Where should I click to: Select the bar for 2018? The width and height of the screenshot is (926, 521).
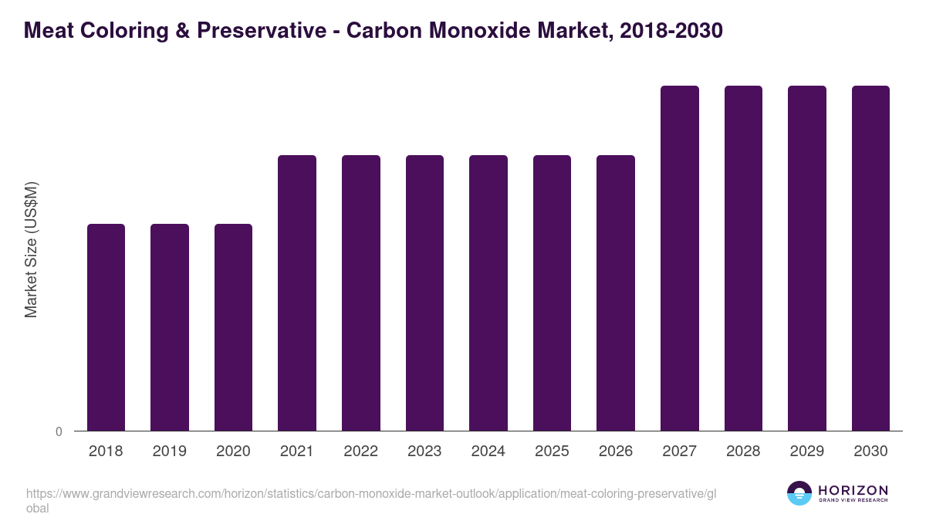[106, 327]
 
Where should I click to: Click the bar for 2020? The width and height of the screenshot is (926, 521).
[233, 327]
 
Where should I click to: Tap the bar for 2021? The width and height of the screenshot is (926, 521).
[297, 293]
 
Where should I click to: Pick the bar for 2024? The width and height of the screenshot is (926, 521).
[488, 293]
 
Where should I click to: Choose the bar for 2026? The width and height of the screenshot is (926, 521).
[616, 293]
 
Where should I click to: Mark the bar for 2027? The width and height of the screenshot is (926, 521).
[680, 259]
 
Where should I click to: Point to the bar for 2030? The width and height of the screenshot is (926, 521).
[870, 259]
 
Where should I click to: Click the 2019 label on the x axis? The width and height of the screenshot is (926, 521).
[170, 452]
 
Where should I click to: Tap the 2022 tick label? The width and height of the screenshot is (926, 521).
[360, 452]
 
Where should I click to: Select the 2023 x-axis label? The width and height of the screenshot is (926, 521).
[424, 452]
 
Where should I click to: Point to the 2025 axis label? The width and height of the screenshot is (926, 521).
[552, 452]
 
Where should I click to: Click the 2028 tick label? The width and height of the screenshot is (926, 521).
[743, 452]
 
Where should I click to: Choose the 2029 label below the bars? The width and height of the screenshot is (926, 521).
[806, 452]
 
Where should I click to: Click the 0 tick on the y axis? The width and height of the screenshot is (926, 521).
[59, 432]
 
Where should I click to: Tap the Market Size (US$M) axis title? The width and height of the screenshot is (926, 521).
[31, 249]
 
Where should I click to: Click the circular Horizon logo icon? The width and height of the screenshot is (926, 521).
[799, 493]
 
